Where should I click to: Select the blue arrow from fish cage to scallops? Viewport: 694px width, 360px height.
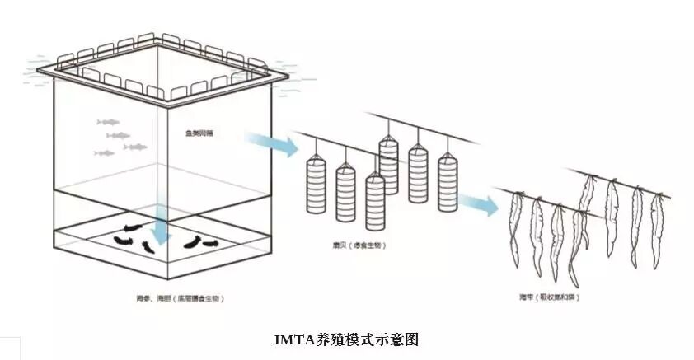pos(272,143)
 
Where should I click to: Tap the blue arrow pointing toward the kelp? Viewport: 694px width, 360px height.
pos(479,204)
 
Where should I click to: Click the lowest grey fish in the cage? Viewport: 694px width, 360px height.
pos(104,153)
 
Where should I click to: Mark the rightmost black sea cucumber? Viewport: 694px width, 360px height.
pos(204,241)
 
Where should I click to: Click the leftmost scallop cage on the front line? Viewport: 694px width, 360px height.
pos(316,186)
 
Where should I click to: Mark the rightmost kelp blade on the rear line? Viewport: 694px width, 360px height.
pos(657,227)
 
